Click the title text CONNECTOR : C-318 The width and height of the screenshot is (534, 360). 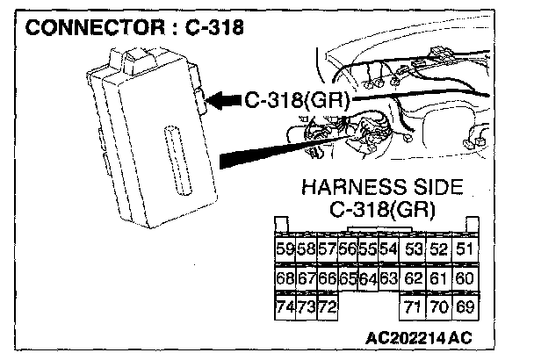tap(135, 26)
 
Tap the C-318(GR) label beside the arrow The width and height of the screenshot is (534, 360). tap(298, 101)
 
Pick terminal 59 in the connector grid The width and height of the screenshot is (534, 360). tap(285, 249)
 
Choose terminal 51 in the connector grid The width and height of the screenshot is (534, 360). tap(465, 249)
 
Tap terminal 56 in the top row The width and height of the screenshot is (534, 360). tap(347, 249)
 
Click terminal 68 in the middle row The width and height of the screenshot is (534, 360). tap(285, 278)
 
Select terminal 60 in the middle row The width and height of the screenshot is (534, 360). tap(465, 278)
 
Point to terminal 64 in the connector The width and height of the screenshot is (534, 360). tap(367, 278)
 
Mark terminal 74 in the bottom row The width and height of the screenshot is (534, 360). tap(285, 307)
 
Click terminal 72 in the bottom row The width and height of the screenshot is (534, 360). tap(326, 307)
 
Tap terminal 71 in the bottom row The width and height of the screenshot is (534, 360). tap(414, 307)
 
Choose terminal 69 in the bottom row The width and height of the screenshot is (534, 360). tap(465, 307)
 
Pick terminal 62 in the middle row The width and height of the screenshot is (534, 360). tap(414, 278)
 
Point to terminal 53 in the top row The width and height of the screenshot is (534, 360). tap(414, 249)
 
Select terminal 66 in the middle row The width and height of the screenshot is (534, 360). tap(326, 278)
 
